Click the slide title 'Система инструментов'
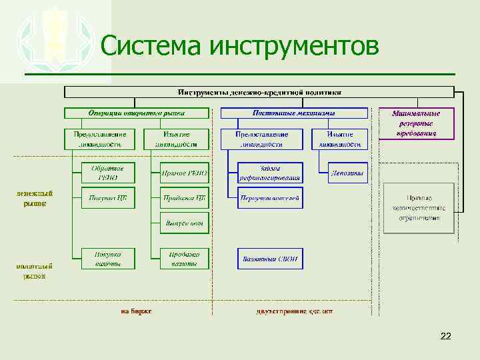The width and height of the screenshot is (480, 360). pos(240,47)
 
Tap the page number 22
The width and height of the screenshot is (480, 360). pos(446,337)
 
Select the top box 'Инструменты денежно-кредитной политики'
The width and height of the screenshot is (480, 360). pos(259,92)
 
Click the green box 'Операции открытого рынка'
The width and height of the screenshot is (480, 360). pos(137,113)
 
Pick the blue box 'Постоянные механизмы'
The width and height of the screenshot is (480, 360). pos(293,113)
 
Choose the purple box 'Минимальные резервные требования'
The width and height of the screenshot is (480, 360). pos(417,123)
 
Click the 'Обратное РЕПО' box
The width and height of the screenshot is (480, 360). pos(108,173)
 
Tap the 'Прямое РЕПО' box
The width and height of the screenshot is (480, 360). pos(185,173)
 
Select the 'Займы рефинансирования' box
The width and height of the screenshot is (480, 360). pos(270,173)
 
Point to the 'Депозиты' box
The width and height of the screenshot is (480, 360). pos(348,173)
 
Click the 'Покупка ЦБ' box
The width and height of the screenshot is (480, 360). pos(108,198)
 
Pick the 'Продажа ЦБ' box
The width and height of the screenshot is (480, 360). pos(185,198)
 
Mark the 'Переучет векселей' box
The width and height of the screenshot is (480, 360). pos(270,198)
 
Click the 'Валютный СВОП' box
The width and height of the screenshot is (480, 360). pos(270,259)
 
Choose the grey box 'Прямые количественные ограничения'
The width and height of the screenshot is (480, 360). pos(419,208)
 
